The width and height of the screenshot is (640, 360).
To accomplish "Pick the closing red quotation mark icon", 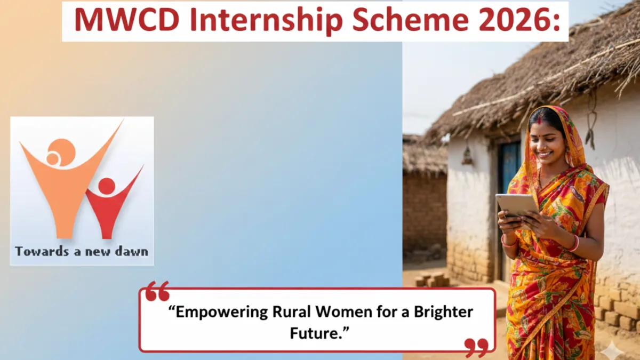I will coord(476,347).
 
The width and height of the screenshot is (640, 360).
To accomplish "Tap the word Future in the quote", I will coord(318,334).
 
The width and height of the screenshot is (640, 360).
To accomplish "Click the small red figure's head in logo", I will coord(107,186).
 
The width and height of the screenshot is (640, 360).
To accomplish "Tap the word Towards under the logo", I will coord(36,251).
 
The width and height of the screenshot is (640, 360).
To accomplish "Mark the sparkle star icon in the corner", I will coord(612,350).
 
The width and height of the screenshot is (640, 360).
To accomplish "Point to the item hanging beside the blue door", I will coord(467,155).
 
